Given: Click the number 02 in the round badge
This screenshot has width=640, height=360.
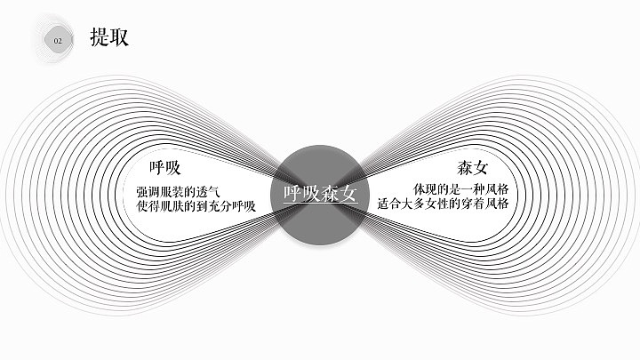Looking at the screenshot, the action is [x=59, y=41].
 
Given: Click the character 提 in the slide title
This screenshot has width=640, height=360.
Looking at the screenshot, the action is [x=100, y=37].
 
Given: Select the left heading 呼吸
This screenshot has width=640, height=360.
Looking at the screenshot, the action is [x=165, y=167].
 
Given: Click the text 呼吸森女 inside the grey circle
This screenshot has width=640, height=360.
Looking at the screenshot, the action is [x=320, y=194].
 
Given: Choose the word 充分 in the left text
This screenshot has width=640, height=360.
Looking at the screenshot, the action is [x=222, y=207].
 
